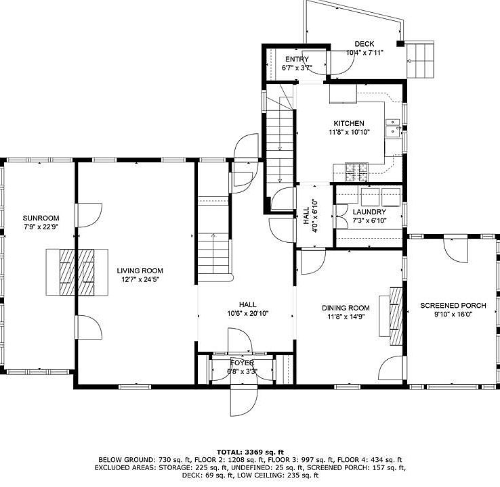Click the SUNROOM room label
coord(41,218)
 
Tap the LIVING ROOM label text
coord(140,271)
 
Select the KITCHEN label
coord(349,124)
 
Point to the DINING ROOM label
coord(346,308)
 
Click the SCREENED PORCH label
coord(453,306)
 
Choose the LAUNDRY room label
coord(369,212)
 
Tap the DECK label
coord(364,44)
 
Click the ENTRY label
coord(297,60)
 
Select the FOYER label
coord(243,363)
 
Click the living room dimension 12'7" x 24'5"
coord(140,280)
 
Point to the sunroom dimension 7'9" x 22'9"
coord(41,227)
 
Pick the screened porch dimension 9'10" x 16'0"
coord(453,315)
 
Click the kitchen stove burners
coord(357,172)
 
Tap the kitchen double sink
coord(393,127)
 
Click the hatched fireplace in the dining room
coord(396,316)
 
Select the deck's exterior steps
coord(421,60)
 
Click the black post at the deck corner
coord(400,43)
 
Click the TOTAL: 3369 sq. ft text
coord(250,452)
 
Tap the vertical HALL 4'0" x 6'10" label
coord(311,216)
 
